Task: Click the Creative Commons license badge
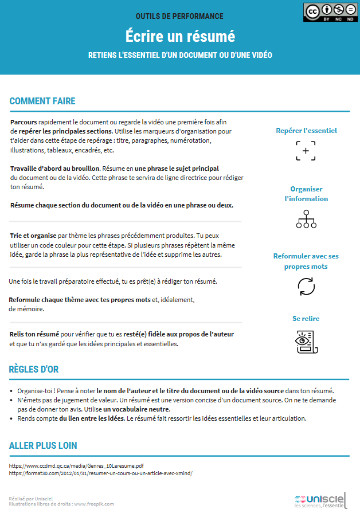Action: [328, 12]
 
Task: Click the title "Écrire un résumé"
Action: [180, 36]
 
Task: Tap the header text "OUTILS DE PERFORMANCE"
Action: [179, 16]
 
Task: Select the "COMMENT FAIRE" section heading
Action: [42, 101]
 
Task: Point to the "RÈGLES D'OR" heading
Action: [34, 369]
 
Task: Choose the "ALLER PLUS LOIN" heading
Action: [43, 445]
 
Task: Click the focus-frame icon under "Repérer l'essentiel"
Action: [306, 150]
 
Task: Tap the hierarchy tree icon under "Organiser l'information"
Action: [306, 219]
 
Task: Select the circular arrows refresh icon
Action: [306, 286]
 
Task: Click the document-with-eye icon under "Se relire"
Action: [306, 342]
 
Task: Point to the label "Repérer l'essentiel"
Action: [306, 131]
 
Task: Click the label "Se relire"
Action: [306, 319]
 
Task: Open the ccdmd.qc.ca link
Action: [77, 467]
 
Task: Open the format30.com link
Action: [101, 473]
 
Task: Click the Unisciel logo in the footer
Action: [319, 500]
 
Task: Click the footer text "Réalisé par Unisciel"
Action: [31, 499]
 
